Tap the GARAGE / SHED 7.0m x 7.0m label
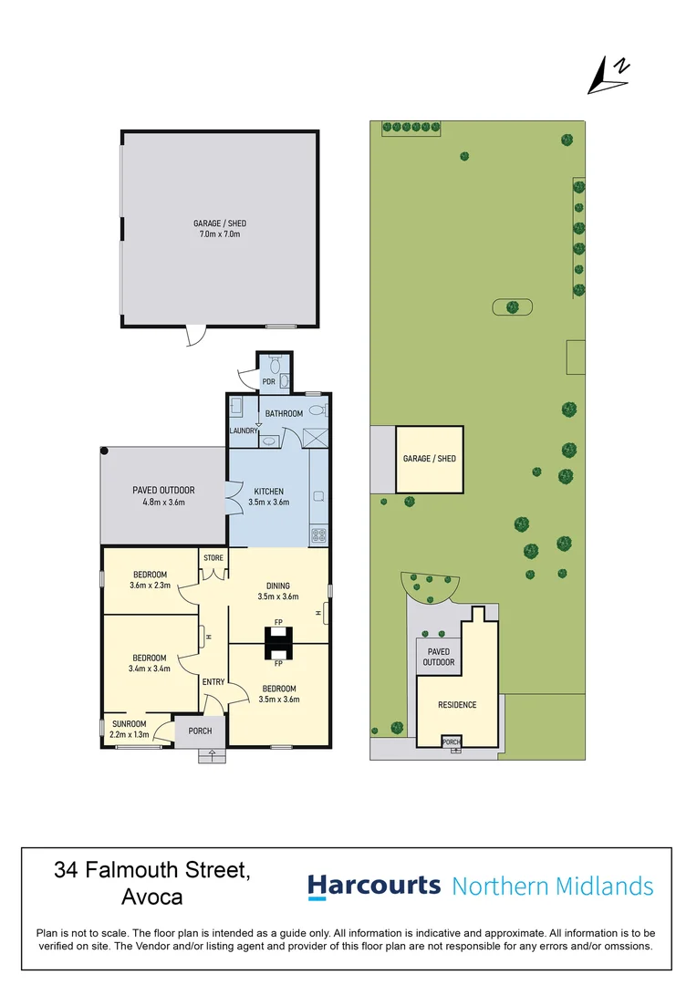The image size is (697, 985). (220, 229)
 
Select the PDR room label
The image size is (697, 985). (268, 381)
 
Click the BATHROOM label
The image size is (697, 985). (284, 413)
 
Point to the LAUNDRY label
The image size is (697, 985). (244, 430)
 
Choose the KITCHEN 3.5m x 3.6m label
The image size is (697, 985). (269, 497)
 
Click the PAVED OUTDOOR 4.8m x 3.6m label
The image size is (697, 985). (163, 496)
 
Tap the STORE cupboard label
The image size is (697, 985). (213, 557)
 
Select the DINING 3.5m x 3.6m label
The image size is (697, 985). (278, 591)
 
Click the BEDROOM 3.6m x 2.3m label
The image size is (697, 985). (149, 579)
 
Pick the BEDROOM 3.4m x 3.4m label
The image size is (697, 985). (150, 663)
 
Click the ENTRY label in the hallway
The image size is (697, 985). (213, 682)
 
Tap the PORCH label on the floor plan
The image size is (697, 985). (200, 731)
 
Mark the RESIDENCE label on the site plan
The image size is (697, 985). (457, 705)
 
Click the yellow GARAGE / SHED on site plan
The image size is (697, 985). (430, 459)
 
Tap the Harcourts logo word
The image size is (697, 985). (373, 886)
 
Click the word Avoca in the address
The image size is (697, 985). (151, 897)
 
